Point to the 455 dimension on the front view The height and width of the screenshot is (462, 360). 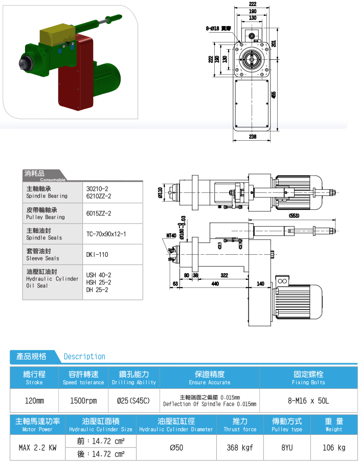coord(274,95)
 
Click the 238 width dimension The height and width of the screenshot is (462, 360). coord(253,137)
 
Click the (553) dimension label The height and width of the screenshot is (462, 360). coord(294,215)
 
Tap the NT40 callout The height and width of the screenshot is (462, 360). coord(171,236)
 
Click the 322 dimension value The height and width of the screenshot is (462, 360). coord(224,275)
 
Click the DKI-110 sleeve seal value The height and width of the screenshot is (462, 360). coord(97,254)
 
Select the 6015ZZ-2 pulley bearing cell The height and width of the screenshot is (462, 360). coord(99,213)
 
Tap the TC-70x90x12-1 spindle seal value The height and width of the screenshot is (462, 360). coord(106,234)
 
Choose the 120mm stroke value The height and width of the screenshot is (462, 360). coord(34,401)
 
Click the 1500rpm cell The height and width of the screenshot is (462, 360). coord(83,401)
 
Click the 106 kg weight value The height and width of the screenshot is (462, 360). coord(334,448)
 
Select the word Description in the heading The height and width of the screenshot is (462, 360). coord(84,357)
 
